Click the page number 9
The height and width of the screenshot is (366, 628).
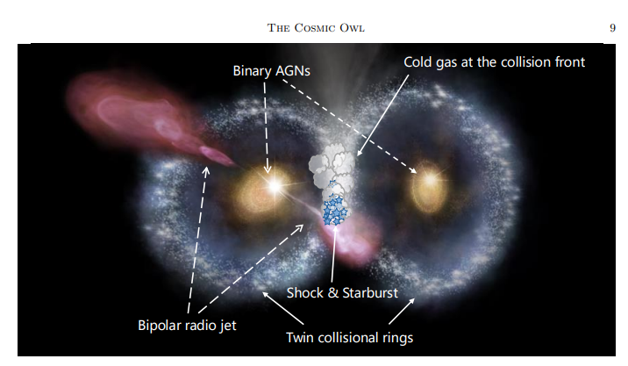612,28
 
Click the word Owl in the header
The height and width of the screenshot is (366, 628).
352,28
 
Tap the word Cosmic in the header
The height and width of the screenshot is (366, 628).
315,28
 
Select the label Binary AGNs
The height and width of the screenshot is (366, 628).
272,71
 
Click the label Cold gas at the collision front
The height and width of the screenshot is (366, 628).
494,62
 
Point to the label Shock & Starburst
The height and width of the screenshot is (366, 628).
342,292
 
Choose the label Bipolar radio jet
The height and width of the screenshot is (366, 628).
187,325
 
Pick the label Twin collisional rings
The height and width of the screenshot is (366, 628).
350,338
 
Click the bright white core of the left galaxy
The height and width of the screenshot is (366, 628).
275,185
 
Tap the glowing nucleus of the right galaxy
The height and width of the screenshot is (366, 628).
430,180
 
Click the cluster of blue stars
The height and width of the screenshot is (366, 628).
335,209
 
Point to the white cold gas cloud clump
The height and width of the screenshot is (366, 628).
332,167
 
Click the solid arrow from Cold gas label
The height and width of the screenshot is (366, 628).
382,115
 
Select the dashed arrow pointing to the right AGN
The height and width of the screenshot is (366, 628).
350,126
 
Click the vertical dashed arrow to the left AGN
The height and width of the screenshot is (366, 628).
266,127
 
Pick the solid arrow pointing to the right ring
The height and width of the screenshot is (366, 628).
402,311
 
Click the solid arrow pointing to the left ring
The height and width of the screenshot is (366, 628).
282,308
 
